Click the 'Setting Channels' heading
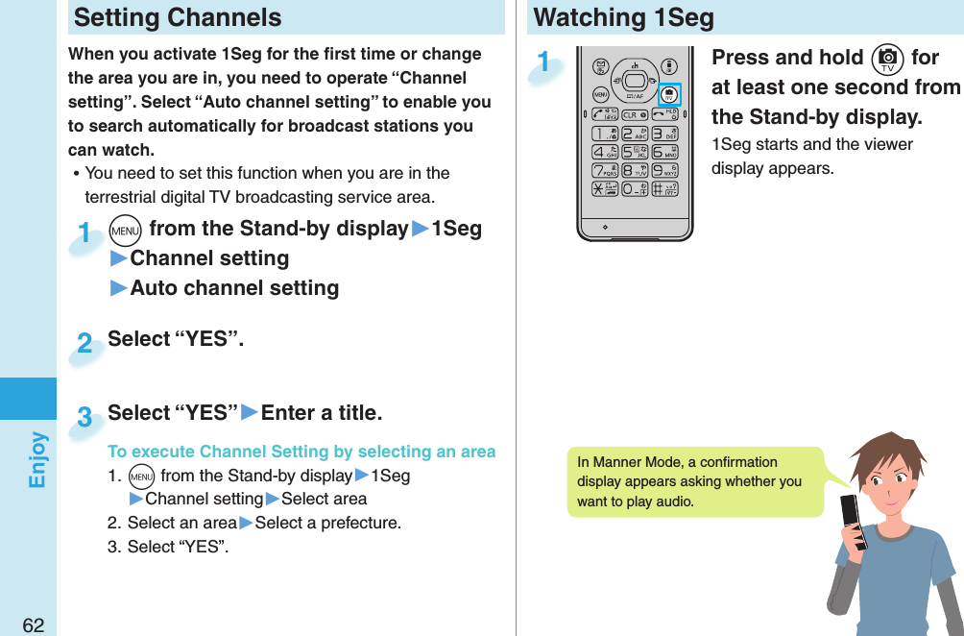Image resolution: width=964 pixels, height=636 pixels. click(178, 17)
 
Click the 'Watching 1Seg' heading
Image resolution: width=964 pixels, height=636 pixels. click(623, 17)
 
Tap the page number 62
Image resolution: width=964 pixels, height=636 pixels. click(33, 625)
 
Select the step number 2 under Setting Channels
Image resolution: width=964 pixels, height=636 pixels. click(84, 343)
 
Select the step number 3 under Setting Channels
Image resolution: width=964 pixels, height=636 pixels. click(84, 417)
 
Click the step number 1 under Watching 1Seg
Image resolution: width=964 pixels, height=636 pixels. click(544, 63)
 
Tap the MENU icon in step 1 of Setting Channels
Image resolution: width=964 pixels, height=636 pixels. click(127, 230)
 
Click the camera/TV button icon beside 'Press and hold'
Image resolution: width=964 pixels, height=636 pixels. click(885, 59)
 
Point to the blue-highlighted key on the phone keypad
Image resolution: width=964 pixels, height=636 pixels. click(670, 94)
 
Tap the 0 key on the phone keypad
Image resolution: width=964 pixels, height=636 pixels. click(635, 188)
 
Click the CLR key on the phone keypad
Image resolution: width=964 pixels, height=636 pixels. click(635, 114)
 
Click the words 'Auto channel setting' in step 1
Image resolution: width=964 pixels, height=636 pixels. click(234, 288)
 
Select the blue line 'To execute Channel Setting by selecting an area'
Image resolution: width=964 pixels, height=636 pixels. click(301, 452)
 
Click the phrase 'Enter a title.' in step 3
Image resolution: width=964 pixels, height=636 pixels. click(322, 413)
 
